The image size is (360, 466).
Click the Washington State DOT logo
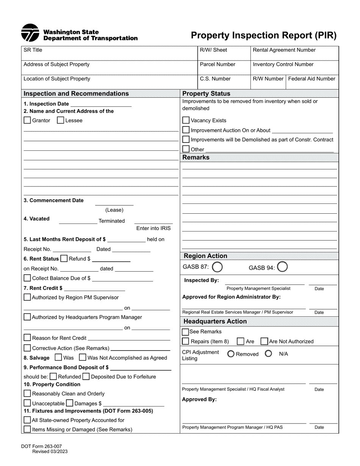30,33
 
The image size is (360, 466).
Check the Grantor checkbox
27,120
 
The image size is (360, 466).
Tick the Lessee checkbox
60,120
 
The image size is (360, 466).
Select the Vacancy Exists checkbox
186,120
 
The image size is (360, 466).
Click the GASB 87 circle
217,267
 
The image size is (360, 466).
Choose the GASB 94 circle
283,267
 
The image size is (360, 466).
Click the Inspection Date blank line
101,104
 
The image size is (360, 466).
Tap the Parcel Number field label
218,64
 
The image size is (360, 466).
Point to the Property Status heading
207,94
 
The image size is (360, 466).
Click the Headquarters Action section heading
215,321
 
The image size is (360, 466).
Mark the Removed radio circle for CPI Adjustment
231,354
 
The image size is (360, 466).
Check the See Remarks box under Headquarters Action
186,332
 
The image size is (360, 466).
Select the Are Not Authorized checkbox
265,341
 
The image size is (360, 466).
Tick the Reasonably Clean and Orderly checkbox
27,394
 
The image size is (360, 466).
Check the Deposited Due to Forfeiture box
86,377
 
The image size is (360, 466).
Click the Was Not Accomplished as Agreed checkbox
83,357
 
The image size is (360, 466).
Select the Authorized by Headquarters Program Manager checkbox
27,317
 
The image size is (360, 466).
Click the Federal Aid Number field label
311,79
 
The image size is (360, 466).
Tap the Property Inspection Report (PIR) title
263,36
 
